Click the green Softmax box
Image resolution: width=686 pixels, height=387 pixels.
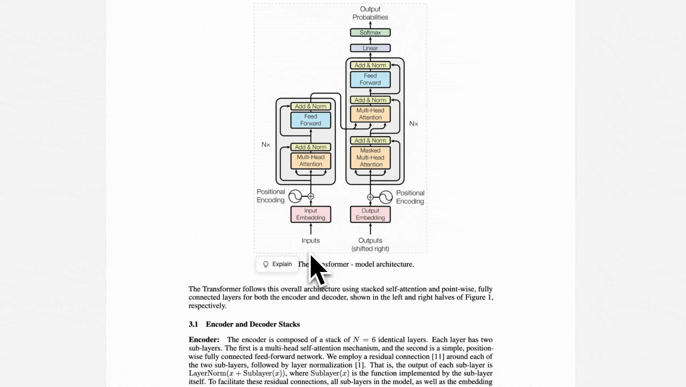[370, 33]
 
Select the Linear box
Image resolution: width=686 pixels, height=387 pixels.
[370, 48]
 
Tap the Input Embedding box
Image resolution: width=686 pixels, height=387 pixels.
[310, 214]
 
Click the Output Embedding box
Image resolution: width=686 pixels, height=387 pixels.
[370, 214]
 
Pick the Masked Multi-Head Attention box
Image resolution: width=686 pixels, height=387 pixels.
[370, 157]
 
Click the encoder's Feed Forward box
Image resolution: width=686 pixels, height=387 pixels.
[310, 120]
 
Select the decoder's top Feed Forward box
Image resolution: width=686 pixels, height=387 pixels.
[370, 79]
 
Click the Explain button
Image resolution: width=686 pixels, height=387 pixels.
[277, 264]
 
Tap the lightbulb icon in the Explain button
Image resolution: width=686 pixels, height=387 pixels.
[266, 264]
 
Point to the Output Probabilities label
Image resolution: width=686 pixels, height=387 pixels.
[370, 13]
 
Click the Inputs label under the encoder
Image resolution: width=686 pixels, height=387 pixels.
[310, 240]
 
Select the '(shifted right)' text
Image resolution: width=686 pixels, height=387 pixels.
[370, 249]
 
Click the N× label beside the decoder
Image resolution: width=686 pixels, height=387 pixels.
[414, 124]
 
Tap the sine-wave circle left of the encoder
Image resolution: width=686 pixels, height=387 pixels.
[295, 196]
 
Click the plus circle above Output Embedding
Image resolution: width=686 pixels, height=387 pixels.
[370, 197]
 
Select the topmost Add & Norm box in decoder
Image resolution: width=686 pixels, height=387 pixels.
[370, 65]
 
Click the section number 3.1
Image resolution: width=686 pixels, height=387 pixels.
[193, 324]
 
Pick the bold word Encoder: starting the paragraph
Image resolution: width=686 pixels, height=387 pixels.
[204, 340]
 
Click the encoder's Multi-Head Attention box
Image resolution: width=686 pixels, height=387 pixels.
[310, 161]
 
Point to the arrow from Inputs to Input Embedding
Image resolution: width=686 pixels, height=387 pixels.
[310, 229]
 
